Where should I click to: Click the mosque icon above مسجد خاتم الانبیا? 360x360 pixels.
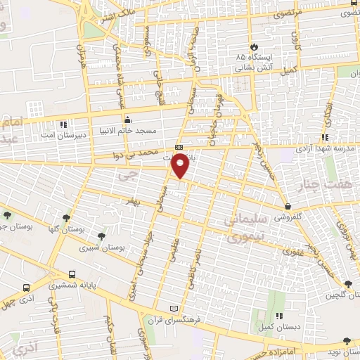pyautogui.click(x=127, y=120)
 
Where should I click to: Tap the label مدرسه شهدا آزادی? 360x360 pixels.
pyautogui.click(x=328, y=149)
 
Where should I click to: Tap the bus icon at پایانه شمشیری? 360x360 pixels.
pyautogui.click(x=72, y=275)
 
